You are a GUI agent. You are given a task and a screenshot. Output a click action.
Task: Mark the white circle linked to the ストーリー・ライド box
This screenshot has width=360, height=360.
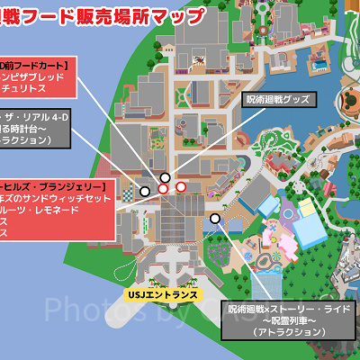point(214,219)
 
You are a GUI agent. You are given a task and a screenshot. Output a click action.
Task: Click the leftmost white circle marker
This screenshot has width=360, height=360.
point(145,192)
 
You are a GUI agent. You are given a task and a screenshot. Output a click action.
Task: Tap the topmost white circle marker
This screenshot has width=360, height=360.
point(164,177)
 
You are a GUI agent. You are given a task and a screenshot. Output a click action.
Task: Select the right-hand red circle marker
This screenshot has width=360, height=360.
point(181,187)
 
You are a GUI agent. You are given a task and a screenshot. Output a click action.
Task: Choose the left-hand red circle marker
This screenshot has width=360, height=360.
point(163,189)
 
